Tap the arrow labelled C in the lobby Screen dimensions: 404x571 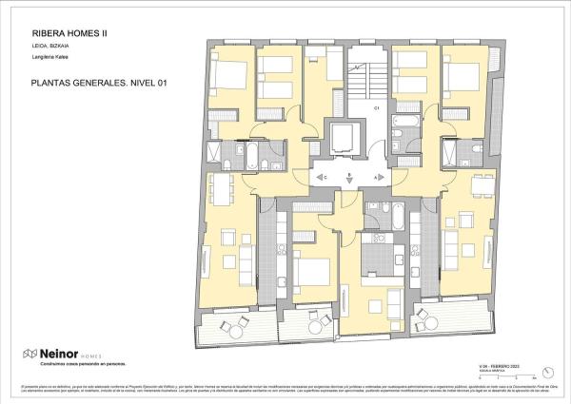pyautogui.click(x=321, y=177)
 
